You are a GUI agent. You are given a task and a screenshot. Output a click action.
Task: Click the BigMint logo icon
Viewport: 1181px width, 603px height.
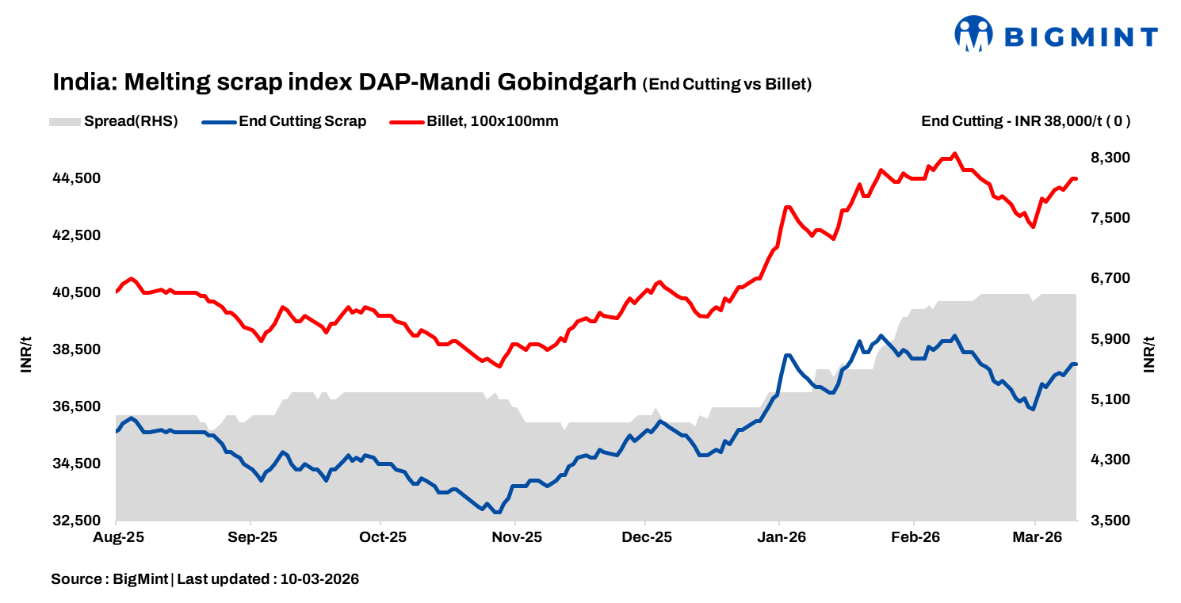(974, 34)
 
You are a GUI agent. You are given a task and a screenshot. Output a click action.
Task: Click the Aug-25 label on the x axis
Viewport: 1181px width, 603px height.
(117, 537)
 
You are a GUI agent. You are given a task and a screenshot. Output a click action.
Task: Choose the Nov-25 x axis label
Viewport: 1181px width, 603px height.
(516, 537)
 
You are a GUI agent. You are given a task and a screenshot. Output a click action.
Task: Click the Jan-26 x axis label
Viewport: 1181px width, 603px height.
(781, 537)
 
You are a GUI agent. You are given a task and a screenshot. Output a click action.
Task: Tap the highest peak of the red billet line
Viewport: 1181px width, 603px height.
(954, 154)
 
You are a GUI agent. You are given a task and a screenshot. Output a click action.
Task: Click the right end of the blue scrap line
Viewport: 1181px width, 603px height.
(1076, 364)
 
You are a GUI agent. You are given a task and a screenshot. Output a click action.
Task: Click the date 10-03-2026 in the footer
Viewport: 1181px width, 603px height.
(320, 579)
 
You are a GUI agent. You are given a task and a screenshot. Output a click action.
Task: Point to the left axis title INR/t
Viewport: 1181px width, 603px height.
(25, 354)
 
